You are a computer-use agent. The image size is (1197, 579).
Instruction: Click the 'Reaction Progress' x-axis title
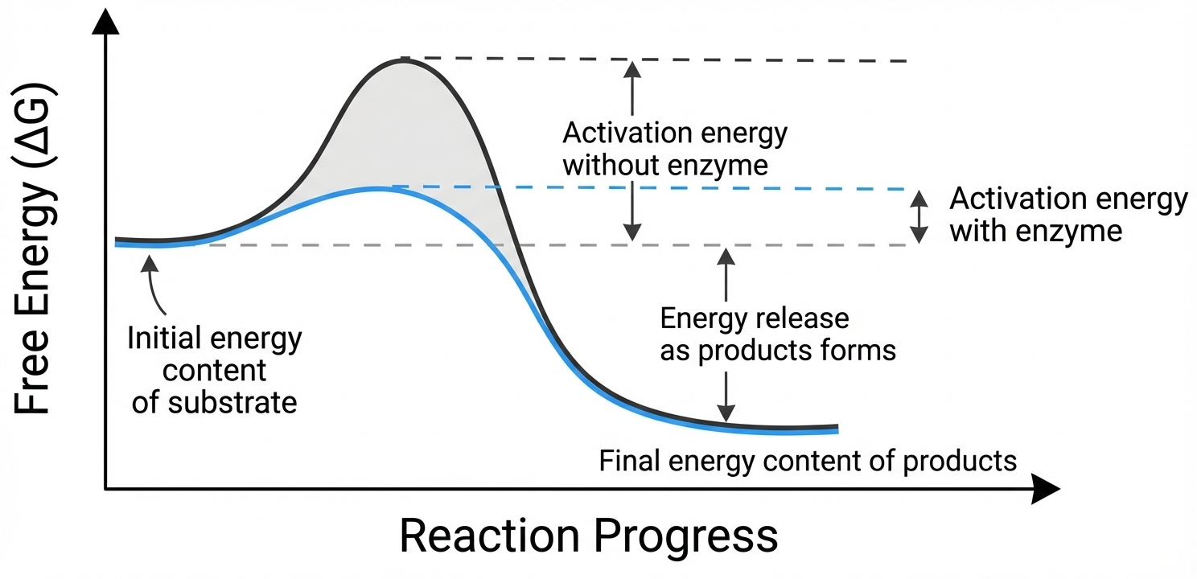[588, 536]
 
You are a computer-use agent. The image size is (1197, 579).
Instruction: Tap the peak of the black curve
[402, 59]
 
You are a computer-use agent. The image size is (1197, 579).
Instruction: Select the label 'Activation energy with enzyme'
[1067, 215]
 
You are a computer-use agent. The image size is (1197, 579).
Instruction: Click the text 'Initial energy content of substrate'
[214, 370]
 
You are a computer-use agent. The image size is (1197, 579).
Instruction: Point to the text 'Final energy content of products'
[808, 461]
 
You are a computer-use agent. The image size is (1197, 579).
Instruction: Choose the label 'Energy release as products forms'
[777, 335]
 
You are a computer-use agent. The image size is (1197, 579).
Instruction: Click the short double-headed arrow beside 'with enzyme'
[918, 216]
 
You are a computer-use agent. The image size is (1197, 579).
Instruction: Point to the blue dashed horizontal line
[644, 189]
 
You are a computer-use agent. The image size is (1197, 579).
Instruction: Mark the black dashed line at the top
[660, 60]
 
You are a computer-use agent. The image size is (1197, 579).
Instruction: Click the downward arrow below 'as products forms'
[726, 398]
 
